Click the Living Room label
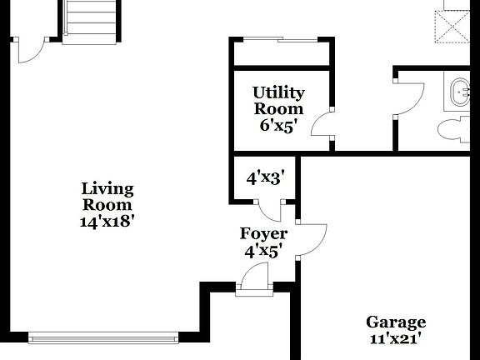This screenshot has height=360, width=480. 107,197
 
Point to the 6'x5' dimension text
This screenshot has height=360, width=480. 278,126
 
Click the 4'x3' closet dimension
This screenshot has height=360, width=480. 266,177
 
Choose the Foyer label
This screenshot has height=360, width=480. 263,234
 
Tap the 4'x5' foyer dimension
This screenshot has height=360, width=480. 263,250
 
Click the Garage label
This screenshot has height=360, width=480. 396,322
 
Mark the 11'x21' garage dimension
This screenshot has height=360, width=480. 396,339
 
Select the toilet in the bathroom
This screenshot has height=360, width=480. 454,130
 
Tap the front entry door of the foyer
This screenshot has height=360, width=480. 254,279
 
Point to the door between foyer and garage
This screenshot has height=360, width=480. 310,240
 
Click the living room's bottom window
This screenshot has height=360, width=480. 104,338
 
